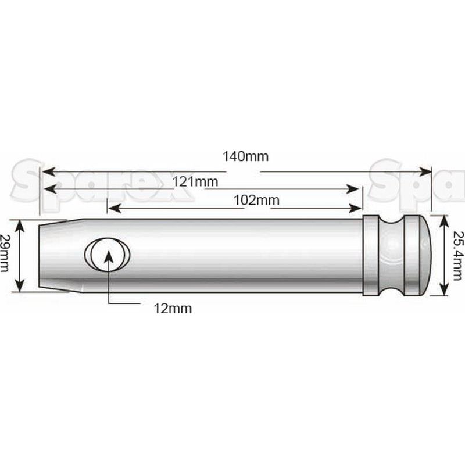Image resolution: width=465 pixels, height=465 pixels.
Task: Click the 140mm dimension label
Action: coord(245,156)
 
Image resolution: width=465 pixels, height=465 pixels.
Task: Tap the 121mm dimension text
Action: coord(195,181)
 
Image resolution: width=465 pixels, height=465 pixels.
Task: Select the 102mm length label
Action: coord(256,200)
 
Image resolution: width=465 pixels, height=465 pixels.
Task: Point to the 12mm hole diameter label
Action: coord(173,309)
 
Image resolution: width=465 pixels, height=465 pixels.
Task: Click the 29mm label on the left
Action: coord(4,253)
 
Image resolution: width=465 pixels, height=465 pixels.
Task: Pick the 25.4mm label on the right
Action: coord(457,256)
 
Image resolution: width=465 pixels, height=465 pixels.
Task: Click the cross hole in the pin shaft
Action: coord(107,255)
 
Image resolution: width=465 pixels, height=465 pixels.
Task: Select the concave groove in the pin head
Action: coord(392,255)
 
